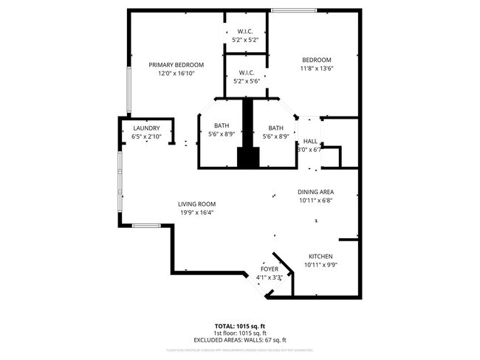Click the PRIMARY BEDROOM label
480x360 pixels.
176,65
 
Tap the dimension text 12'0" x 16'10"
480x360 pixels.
176,74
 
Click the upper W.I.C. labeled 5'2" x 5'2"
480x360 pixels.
246,35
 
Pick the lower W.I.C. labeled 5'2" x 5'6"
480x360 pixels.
246,77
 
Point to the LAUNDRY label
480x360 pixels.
146,128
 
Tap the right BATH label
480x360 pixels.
275,126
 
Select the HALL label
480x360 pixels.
310,141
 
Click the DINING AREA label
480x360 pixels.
316,191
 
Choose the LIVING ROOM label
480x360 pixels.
196,204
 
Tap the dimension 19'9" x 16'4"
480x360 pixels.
196,212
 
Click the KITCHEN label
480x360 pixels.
320,255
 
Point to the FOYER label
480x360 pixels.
269,269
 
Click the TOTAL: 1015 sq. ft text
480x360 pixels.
239,325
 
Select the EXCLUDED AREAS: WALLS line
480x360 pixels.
239,340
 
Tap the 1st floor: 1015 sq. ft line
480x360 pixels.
239,333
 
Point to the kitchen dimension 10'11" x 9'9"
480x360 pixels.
320,264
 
